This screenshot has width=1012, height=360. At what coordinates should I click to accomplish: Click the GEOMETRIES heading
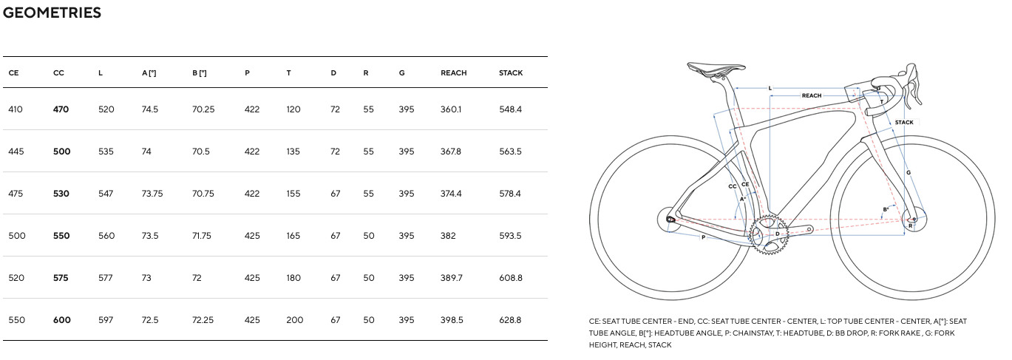tap(52, 13)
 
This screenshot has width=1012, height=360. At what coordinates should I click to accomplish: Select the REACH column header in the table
tap(454, 72)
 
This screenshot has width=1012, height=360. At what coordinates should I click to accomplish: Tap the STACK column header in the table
tap(511, 72)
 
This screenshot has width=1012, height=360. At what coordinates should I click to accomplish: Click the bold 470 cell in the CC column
tap(61, 109)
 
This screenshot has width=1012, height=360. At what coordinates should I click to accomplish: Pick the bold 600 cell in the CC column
tap(62, 320)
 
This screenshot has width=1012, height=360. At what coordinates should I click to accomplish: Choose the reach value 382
tap(448, 236)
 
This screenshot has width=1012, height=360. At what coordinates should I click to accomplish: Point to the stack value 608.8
tap(511, 278)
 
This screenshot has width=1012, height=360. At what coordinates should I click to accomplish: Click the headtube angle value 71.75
tap(202, 236)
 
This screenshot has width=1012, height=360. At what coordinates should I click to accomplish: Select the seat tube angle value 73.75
tap(152, 194)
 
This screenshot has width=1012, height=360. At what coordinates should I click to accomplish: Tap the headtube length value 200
tap(294, 320)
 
